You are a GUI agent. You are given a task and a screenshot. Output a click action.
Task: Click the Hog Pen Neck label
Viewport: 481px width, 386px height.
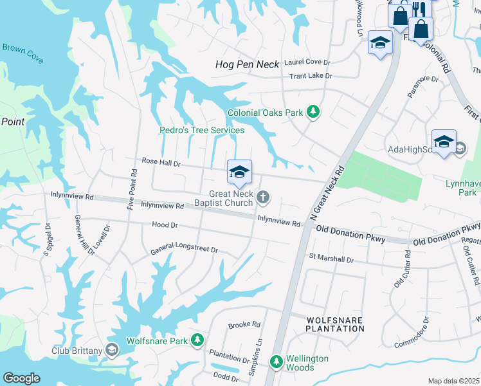tap(247, 64)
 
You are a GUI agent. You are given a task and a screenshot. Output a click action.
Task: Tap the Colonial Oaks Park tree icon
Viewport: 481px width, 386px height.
tap(313, 113)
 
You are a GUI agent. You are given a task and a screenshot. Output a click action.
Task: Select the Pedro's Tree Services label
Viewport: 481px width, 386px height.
tap(202, 131)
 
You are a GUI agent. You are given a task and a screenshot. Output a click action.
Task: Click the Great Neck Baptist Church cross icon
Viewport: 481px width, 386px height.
tap(262, 196)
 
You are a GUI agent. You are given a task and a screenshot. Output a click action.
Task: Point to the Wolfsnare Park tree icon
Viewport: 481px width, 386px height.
tap(198, 340)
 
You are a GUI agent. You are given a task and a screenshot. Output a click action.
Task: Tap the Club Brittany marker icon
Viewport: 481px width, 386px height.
tap(112, 350)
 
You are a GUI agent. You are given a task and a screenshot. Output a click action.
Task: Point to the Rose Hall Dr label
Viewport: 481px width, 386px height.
tap(161, 163)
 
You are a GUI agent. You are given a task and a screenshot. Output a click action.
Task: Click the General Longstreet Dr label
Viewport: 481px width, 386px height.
tap(185, 250)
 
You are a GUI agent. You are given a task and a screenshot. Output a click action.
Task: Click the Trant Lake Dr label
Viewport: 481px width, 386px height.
tap(311, 76)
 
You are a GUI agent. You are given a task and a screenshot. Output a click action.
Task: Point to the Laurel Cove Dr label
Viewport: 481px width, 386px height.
tap(306, 62)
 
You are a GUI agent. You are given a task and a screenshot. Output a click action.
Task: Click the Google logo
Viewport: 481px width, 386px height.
tap(21, 378)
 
